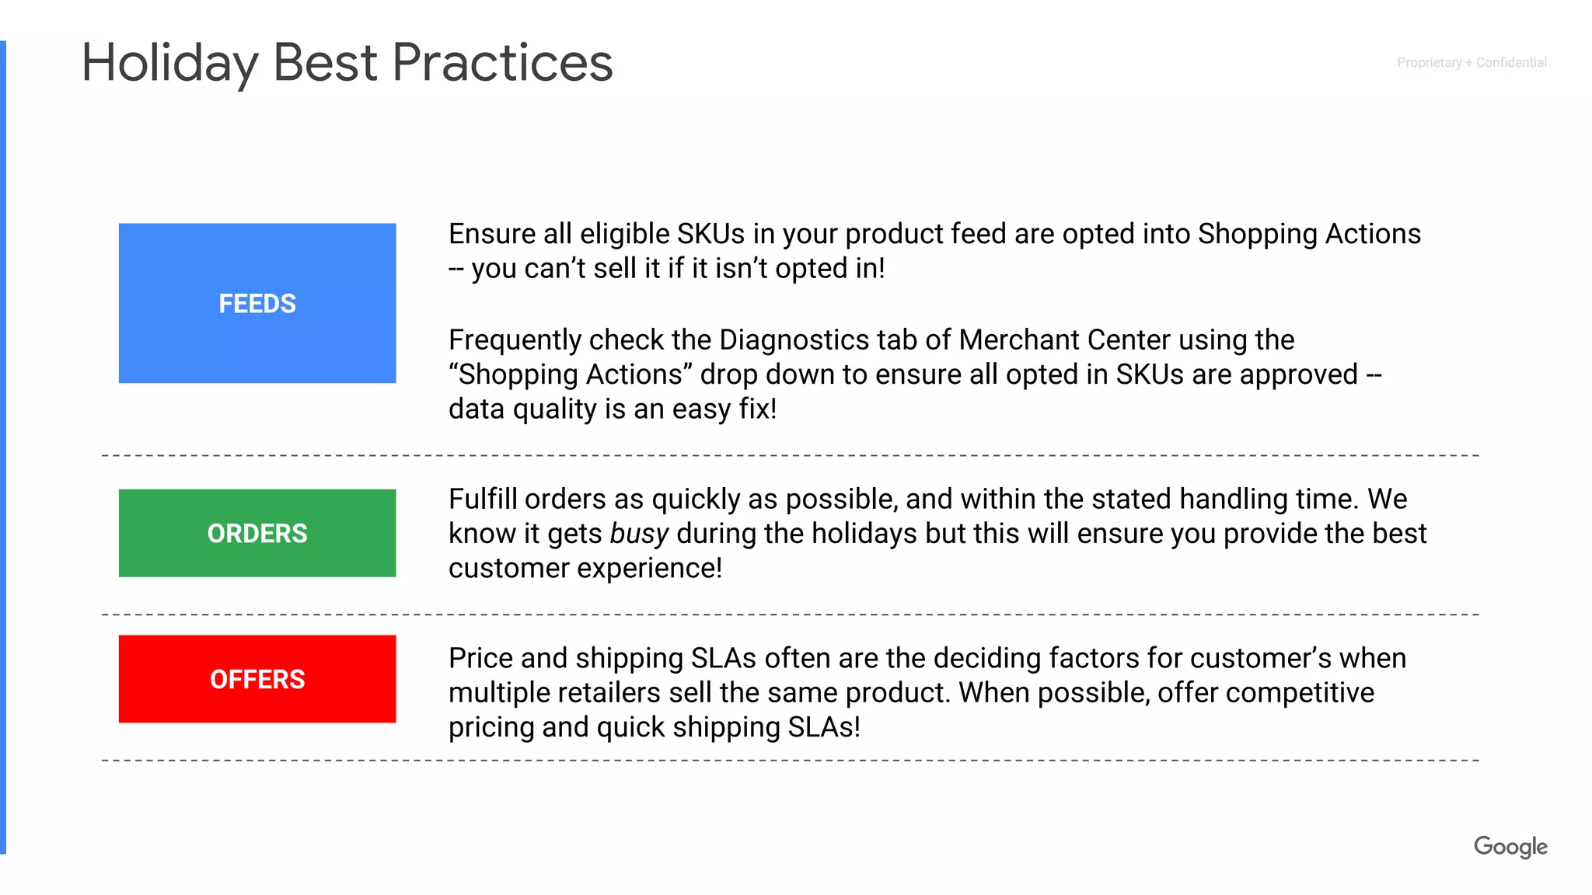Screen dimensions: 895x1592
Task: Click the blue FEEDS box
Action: tap(257, 303)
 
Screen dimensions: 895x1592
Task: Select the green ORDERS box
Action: tap(257, 533)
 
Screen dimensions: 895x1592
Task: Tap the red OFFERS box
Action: tap(257, 679)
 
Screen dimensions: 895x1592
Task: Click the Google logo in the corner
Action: tap(1510, 846)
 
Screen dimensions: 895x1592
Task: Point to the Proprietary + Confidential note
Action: tap(1471, 62)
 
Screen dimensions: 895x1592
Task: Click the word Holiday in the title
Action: tap(169, 64)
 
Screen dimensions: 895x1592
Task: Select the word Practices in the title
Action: tap(502, 64)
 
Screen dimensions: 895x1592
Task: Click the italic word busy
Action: tap(639, 534)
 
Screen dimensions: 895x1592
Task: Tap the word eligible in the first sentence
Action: tap(625, 234)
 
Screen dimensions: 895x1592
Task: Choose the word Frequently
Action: tap(515, 340)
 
